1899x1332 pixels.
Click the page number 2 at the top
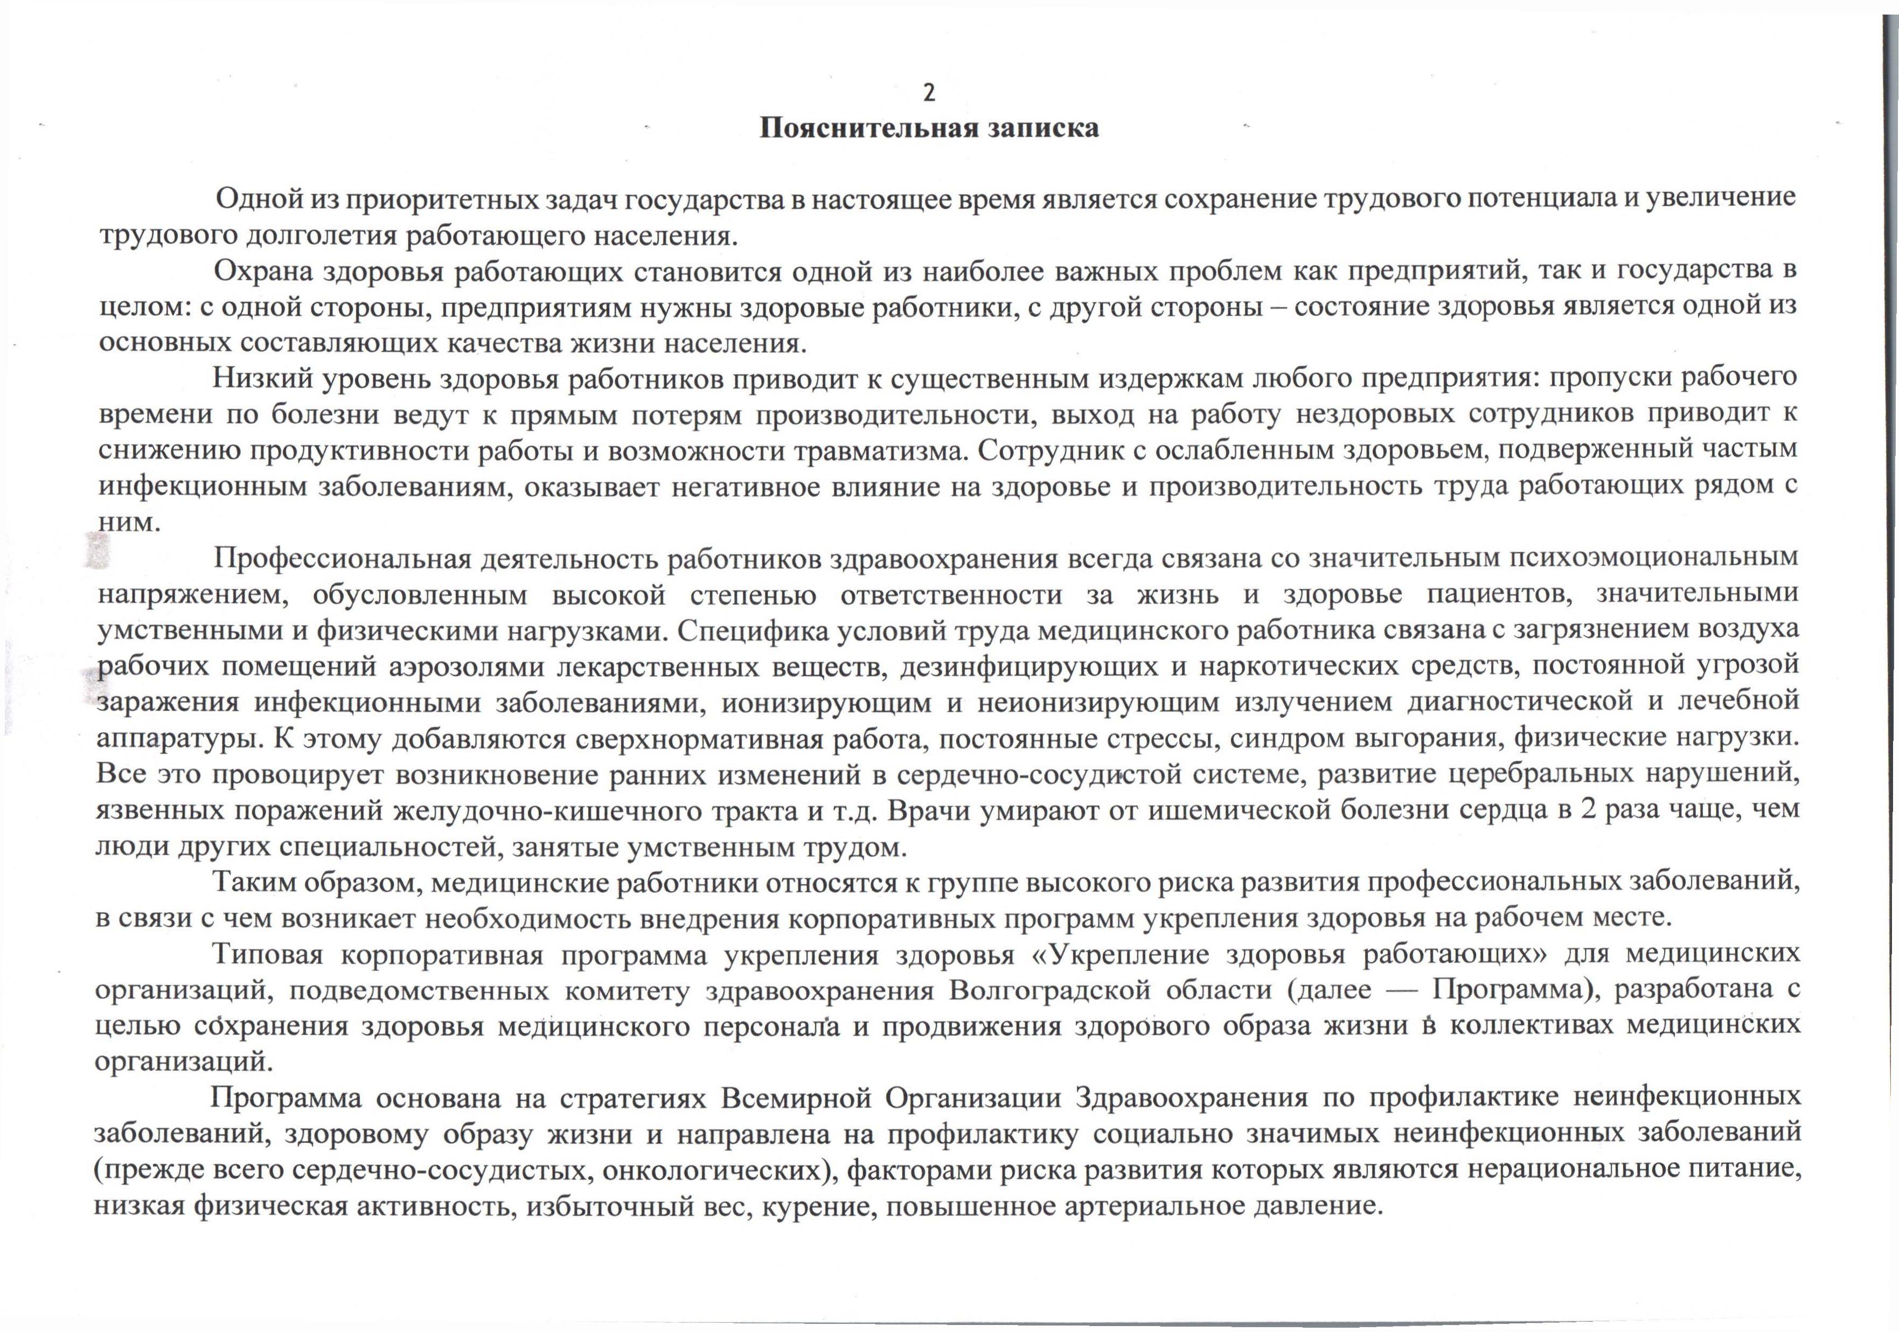coord(929,94)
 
